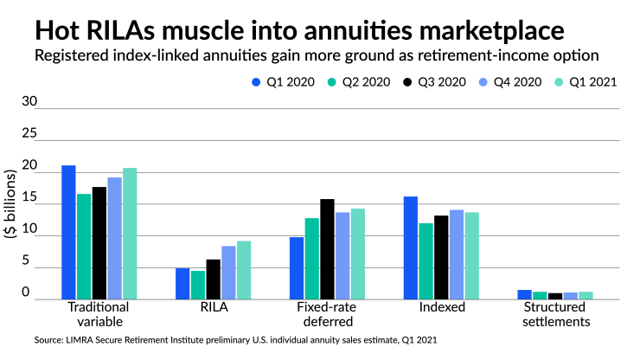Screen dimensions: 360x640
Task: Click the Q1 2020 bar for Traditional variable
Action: [x=68, y=232]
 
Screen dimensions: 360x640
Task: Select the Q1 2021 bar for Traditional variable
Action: [x=130, y=234]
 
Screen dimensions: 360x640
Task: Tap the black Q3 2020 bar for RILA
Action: [x=214, y=280]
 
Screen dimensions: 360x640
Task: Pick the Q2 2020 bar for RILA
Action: [x=198, y=285]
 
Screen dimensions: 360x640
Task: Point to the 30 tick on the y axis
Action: [x=30, y=102]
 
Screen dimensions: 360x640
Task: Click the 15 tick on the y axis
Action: [x=30, y=197]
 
